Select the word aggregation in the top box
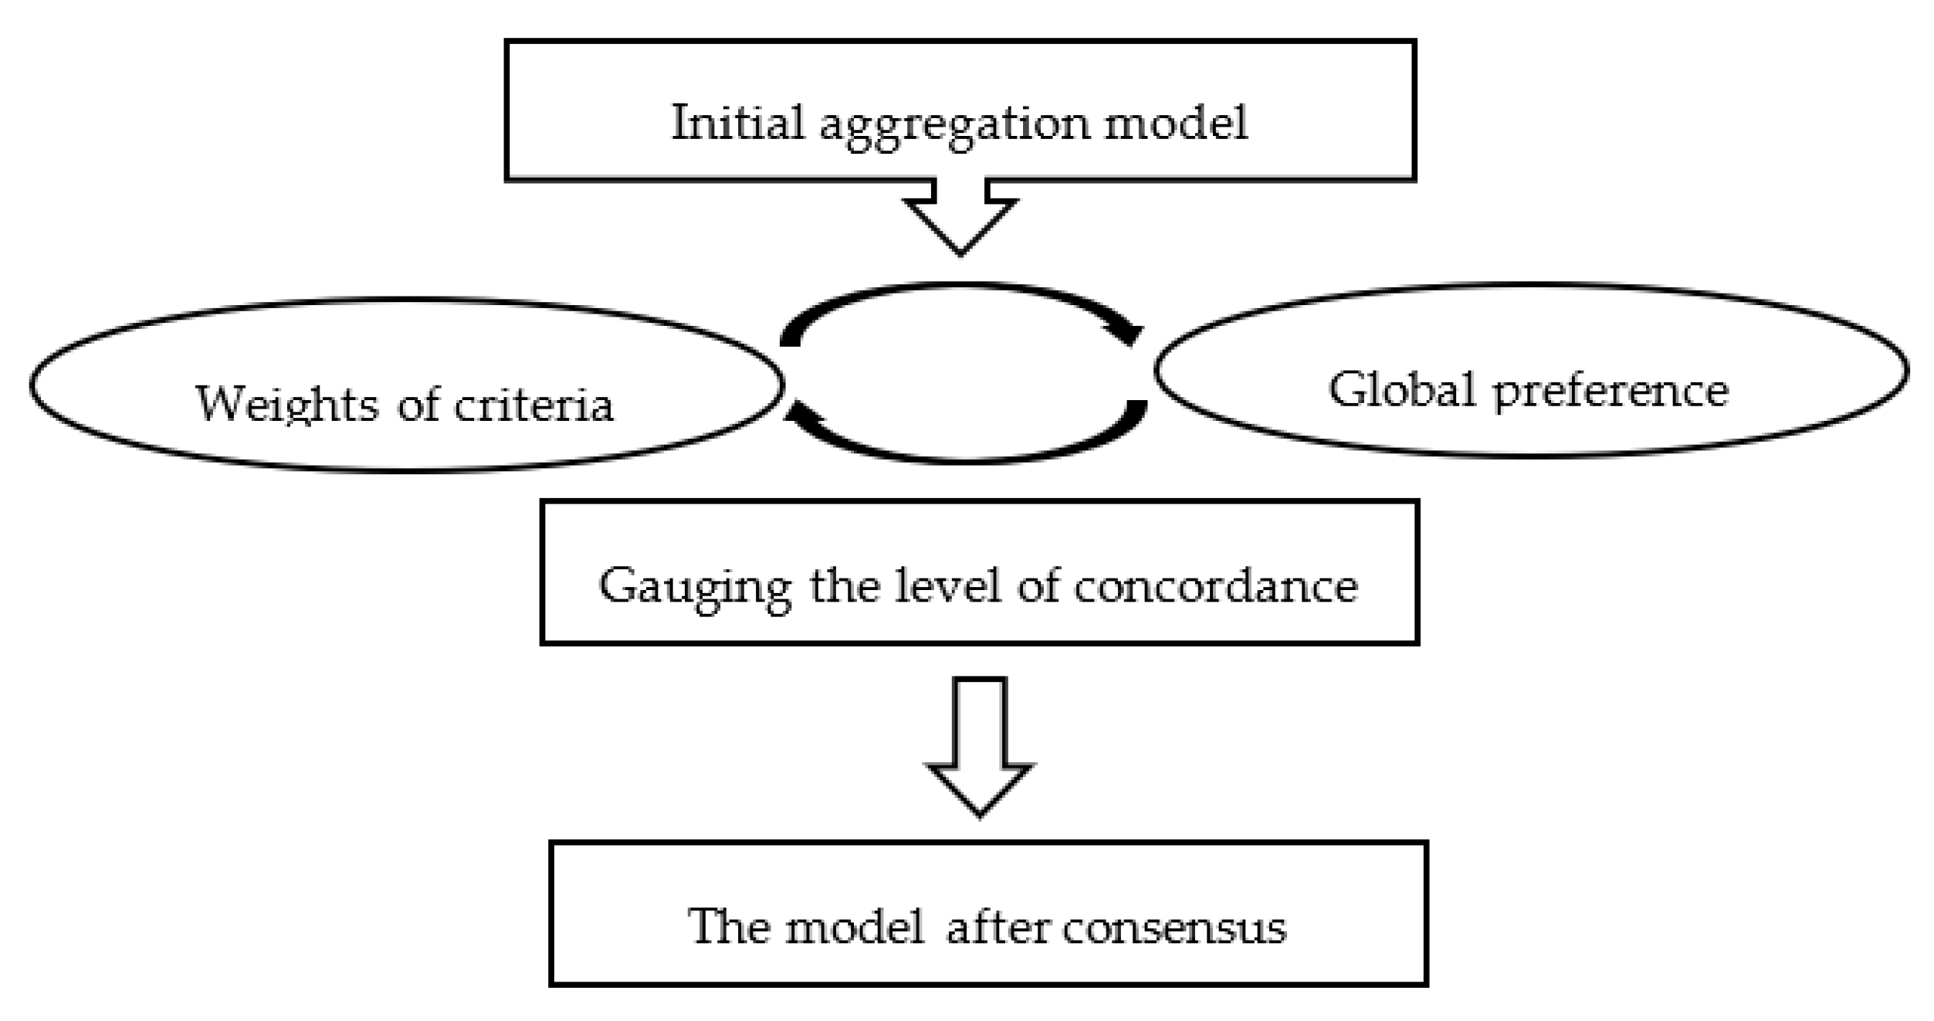pyautogui.click(x=954, y=125)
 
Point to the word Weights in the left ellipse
pyautogui.click(x=287, y=405)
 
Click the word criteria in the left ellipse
pyautogui.click(x=533, y=405)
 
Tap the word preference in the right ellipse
pyautogui.click(x=1611, y=391)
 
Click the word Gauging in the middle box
pyautogui.click(x=695, y=587)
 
